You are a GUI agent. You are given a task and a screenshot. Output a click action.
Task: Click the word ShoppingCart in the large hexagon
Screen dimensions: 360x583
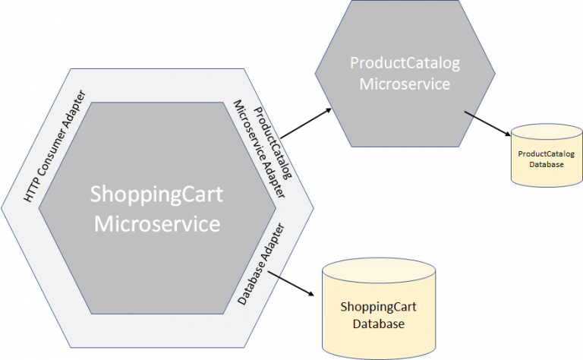click(x=156, y=194)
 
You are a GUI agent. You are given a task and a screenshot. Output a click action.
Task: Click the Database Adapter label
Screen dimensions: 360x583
click(x=260, y=264)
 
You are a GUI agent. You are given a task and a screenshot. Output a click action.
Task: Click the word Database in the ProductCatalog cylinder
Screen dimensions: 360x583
click(x=546, y=163)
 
